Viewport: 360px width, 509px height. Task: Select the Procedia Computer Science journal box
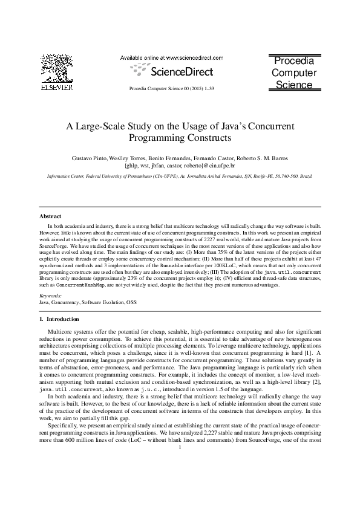pos(293,73)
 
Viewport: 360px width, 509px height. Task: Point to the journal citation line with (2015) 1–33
pos(172,88)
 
